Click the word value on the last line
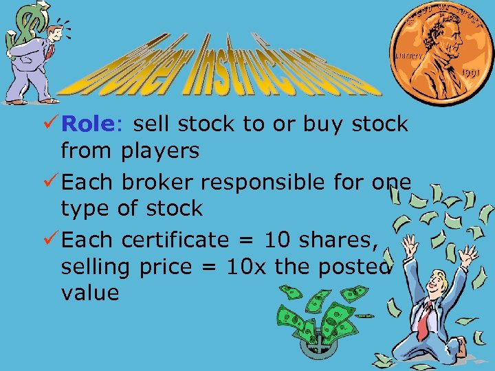tap(89, 293)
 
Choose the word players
tap(160, 151)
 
